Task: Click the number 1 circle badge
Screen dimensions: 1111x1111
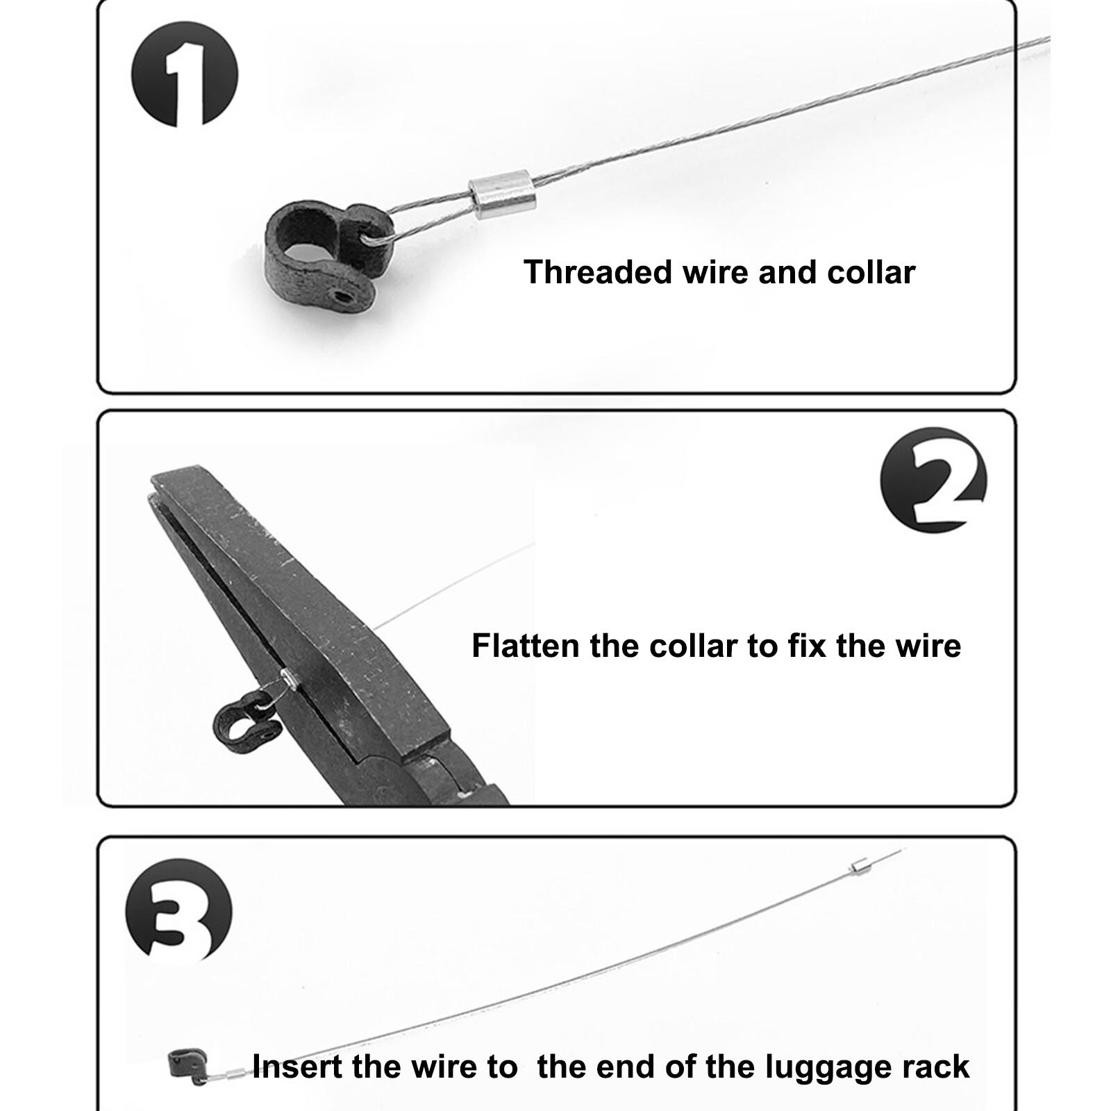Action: coord(185,75)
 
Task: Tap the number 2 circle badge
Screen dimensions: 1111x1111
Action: coord(933,481)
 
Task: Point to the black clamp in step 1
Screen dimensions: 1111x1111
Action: coord(321,258)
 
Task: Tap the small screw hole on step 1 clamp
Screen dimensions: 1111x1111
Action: coord(340,297)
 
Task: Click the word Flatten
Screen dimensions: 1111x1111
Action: coord(525,646)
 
